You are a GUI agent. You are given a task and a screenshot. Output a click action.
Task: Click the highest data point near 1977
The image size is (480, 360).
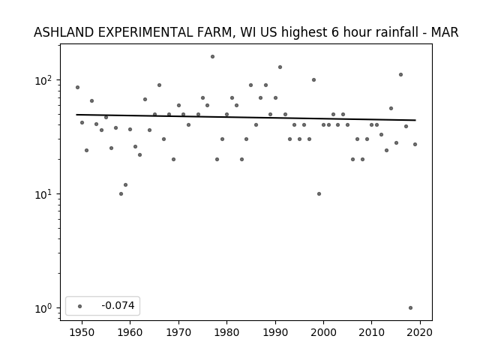(212, 57)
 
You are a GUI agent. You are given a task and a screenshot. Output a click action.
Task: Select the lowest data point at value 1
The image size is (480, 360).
(410, 308)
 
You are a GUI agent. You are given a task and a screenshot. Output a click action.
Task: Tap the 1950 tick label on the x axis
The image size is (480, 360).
(82, 333)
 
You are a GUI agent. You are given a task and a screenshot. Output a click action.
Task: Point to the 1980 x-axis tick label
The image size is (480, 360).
(226, 333)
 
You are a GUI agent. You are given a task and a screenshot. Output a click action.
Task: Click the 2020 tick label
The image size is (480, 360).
(420, 333)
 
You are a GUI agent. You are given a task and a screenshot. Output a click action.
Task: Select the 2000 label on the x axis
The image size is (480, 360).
(323, 333)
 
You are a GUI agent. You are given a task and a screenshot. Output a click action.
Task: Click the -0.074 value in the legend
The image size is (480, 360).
(118, 305)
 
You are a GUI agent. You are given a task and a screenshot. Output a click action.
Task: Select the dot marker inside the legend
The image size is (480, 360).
(80, 306)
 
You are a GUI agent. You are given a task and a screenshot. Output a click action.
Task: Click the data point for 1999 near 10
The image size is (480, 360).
(319, 193)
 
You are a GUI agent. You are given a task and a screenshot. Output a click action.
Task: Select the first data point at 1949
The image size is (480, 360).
(77, 88)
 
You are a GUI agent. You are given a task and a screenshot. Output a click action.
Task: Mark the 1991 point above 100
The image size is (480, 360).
(280, 67)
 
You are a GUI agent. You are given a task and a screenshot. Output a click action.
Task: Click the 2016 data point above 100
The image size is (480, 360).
(400, 75)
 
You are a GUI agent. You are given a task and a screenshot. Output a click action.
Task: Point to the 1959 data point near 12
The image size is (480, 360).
(125, 185)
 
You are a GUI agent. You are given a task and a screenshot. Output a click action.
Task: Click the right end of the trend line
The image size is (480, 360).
(415, 120)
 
